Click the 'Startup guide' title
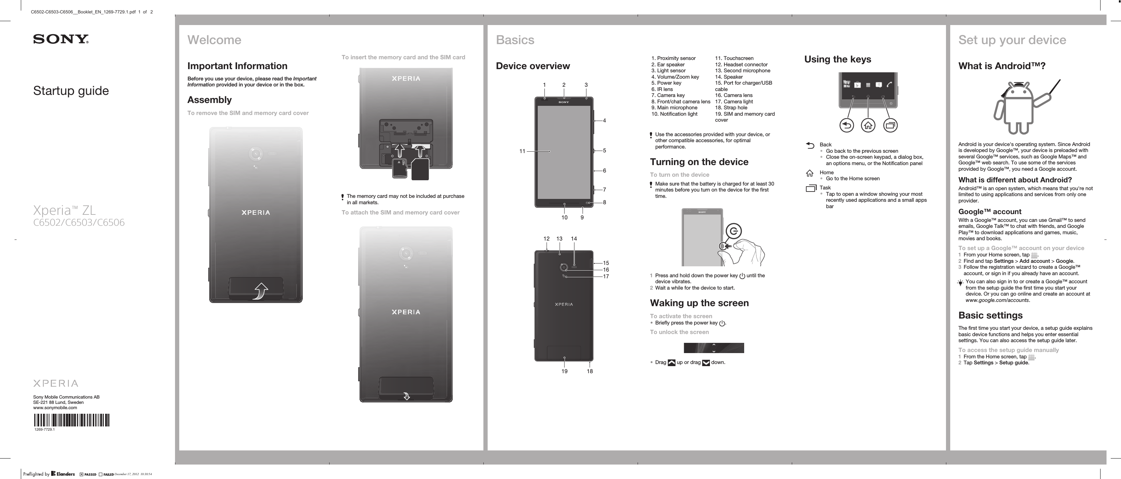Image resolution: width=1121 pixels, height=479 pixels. tap(71, 91)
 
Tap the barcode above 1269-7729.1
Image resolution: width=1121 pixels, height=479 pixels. tap(71, 420)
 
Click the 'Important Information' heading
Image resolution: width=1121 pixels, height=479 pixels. tap(237, 66)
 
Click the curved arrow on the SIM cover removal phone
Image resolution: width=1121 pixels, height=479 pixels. tap(261, 291)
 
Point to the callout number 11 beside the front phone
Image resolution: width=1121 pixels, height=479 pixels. tap(522, 151)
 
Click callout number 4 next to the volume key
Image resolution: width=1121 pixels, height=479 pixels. tap(604, 121)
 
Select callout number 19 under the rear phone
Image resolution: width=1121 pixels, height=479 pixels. tap(565, 371)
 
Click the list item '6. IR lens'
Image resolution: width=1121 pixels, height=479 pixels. tap(662, 89)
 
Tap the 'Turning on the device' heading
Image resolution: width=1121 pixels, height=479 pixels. tap(699, 162)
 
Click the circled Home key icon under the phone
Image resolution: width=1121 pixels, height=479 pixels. tap(868, 126)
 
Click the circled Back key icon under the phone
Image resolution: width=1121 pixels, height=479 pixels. tap(846, 126)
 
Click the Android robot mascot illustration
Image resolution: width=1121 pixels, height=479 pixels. tap(1019, 108)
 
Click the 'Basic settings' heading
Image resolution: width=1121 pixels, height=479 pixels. tap(990, 315)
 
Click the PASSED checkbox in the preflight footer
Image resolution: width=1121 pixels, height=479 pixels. tap(82, 474)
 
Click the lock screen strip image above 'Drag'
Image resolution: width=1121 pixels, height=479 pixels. tap(714, 348)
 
